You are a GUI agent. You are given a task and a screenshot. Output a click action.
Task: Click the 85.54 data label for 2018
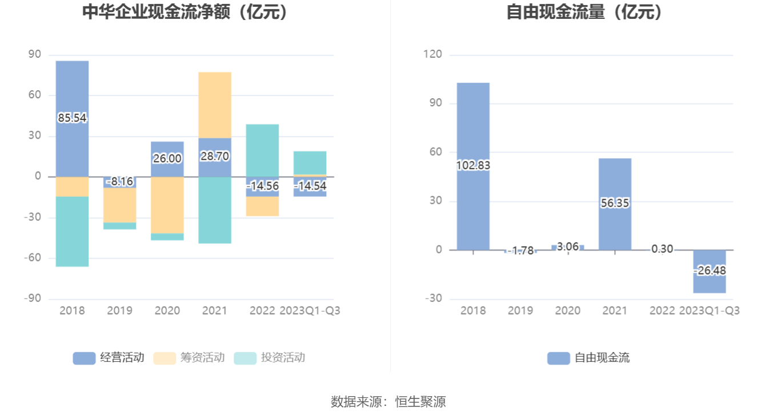click(x=72, y=118)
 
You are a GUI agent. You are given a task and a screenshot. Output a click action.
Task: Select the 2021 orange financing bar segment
click(x=215, y=104)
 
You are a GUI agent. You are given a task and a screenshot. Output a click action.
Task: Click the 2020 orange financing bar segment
click(x=167, y=205)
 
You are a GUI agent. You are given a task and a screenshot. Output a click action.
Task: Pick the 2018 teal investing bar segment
click(x=72, y=231)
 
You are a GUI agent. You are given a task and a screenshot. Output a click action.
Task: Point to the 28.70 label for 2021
click(x=215, y=156)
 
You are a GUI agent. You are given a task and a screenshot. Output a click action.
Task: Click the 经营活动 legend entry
click(x=109, y=358)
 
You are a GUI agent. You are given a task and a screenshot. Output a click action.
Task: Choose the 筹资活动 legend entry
click(x=189, y=358)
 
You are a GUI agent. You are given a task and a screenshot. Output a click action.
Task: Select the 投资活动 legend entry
click(x=270, y=358)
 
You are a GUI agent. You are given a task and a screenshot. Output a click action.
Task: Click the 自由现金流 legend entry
click(x=588, y=358)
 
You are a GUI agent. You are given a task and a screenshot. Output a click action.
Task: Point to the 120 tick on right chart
click(x=432, y=54)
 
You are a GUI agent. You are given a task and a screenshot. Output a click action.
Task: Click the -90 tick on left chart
click(x=33, y=299)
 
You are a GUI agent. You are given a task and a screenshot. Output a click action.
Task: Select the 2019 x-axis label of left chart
click(x=119, y=311)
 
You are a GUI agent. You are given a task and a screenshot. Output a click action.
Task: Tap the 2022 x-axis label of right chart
click(x=663, y=311)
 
